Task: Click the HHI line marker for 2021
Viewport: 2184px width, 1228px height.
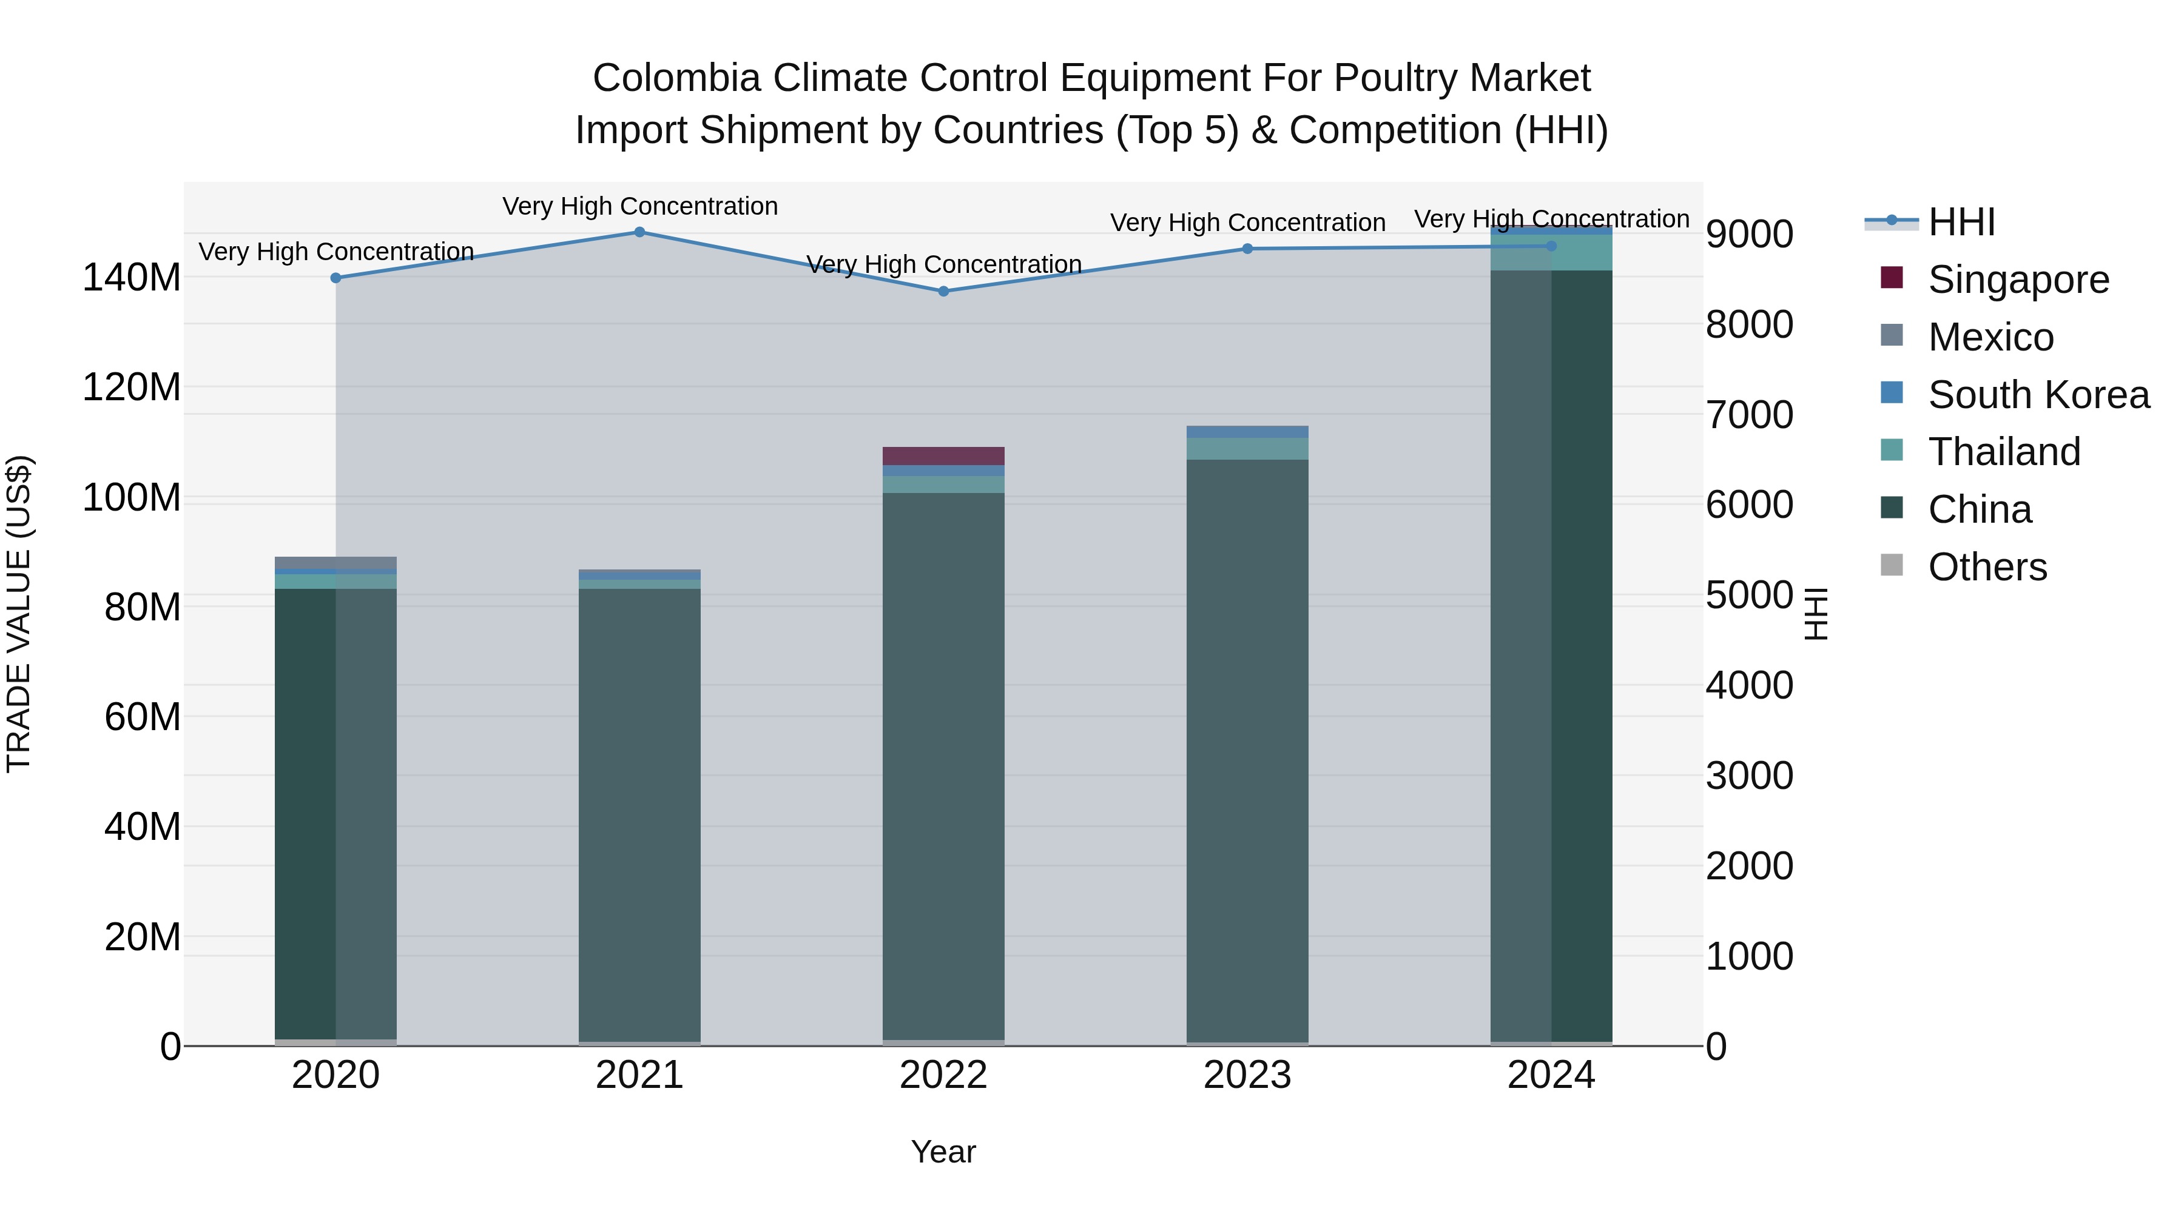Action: click(639, 232)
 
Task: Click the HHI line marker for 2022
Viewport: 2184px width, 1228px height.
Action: click(943, 292)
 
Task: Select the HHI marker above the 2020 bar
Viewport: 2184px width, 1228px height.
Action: click(335, 278)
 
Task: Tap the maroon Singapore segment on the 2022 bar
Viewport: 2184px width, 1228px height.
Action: click(943, 456)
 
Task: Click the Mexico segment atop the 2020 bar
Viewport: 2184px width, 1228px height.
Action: click(335, 563)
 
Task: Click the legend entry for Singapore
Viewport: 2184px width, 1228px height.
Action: click(2018, 280)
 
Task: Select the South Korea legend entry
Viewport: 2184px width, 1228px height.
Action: click(2038, 395)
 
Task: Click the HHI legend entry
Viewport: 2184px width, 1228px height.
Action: click(1961, 222)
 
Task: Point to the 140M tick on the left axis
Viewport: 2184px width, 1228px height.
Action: click(132, 278)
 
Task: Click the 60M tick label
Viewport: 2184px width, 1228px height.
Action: click(143, 717)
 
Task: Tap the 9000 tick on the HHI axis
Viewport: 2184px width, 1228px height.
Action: click(1749, 234)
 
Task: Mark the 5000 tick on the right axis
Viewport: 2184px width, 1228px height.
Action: click(1749, 595)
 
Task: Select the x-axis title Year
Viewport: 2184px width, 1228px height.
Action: click(943, 1152)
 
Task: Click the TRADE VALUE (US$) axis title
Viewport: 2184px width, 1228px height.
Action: click(19, 614)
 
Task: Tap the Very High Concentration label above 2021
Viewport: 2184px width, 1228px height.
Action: click(639, 206)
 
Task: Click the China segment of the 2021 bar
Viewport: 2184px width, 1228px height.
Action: click(639, 814)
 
